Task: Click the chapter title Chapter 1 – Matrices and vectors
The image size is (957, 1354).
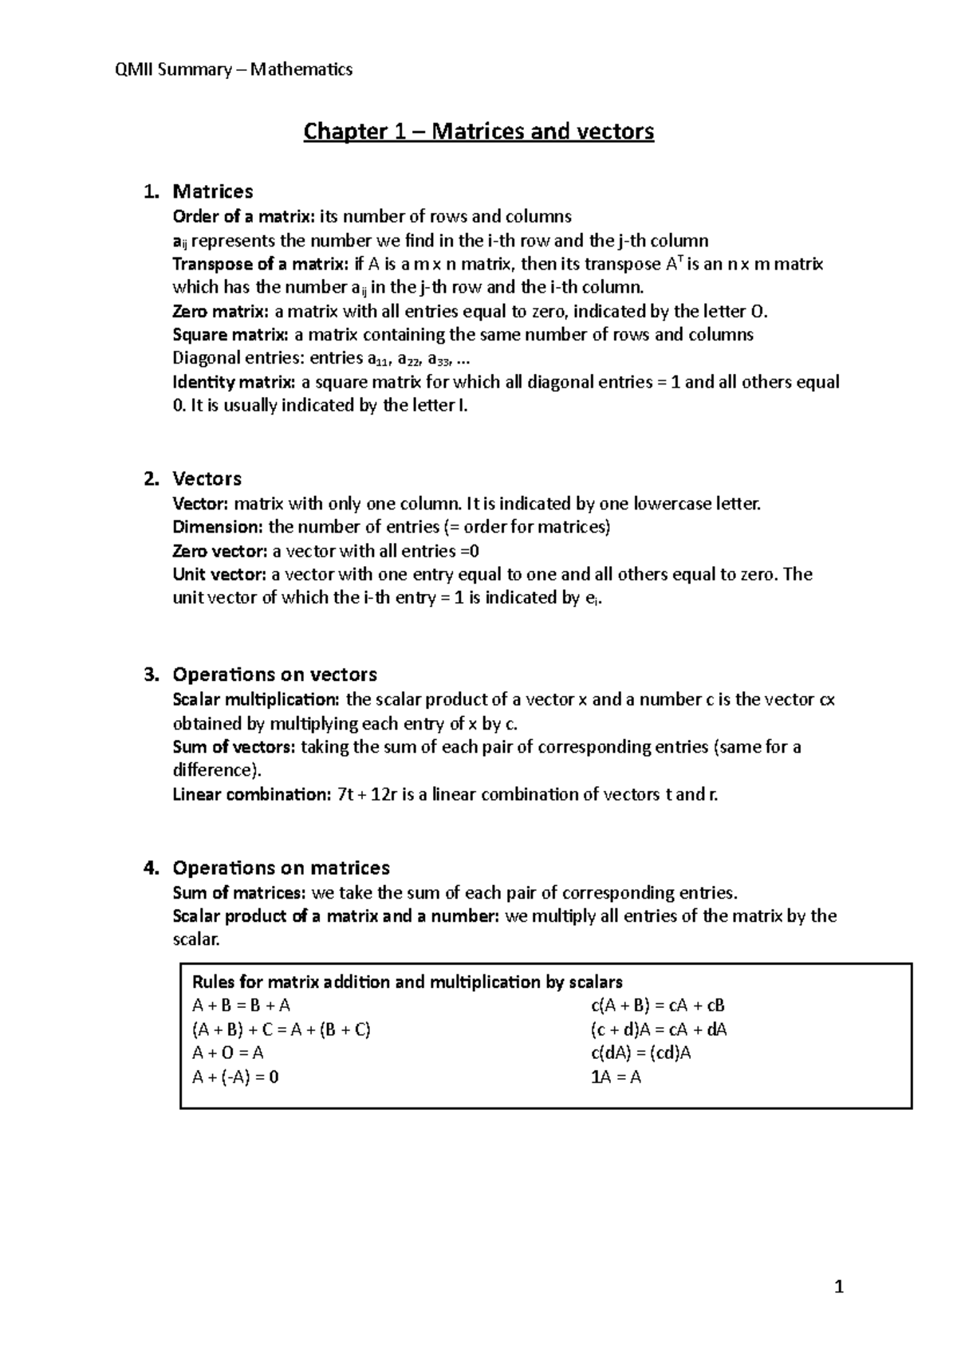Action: click(x=478, y=131)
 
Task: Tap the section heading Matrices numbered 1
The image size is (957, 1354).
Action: click(x=212, y=191)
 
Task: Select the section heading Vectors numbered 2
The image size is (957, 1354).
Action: click(x=207, y=478)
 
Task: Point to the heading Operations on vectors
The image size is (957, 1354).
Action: click(x=274, y=675)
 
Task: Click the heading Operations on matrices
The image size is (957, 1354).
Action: click(x=281, y=868)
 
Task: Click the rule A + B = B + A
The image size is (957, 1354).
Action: click(x=236, y=1006)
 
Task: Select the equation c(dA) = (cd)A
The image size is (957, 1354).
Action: click(x=640, y=1053)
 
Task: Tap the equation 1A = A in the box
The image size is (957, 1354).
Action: click(x=616, y=1077)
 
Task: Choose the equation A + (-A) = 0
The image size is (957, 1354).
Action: click(x=235, y=1077)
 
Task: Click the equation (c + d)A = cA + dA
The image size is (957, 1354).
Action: click(x=658, y=1029)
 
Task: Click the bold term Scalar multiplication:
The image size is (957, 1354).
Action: click(x=255, y=699)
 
